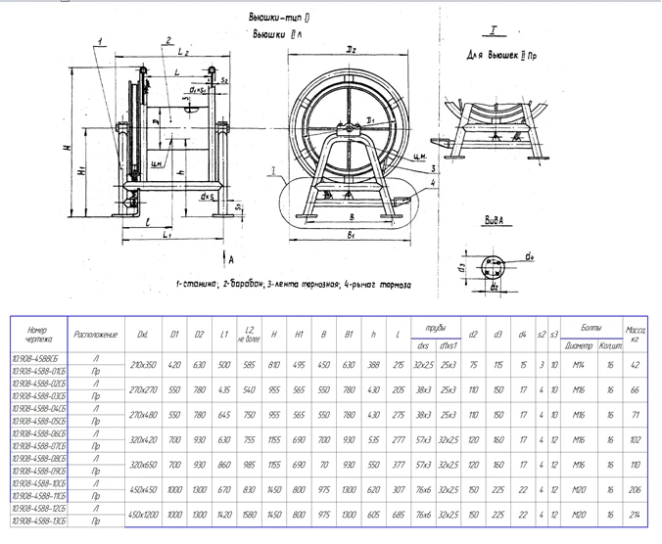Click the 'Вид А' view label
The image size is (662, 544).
click(x=501, y=222)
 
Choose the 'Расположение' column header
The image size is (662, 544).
click(x=96, y=334)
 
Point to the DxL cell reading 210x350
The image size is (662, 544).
click(x=143, y=364)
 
